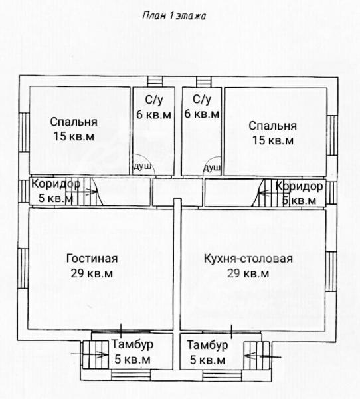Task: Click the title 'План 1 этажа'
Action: coord(174,16)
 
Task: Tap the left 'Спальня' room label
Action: coord(74,122)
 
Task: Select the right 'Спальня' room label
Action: coord(272,126)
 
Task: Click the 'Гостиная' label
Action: coord(92,259)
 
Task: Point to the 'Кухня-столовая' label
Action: coord(248,259)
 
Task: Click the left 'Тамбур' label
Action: coord(132,344)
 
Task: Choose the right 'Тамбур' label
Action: coord(207,345)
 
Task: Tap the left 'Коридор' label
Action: coord(56,184)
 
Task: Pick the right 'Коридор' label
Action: coord(300,186)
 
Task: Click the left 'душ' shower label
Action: coord(142,167)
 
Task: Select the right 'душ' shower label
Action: coord(212,168)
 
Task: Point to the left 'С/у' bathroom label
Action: coord(154,100)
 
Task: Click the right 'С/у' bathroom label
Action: coord(202,100)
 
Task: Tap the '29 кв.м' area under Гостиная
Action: coord(92,273)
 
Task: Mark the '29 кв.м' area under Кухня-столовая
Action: coord(248,273)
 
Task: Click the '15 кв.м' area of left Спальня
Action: coord(74,136)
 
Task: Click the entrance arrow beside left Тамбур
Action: coord(90,354)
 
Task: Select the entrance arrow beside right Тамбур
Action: coord(262,356)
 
